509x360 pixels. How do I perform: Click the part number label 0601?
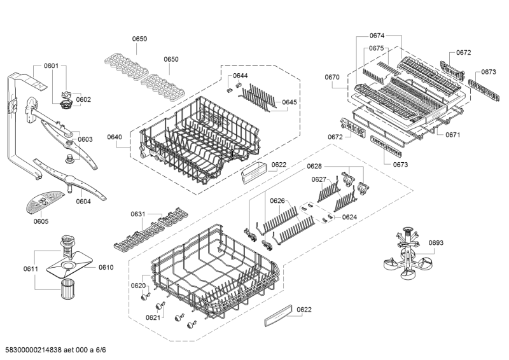point(51,66)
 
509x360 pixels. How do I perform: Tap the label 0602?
point(84,99)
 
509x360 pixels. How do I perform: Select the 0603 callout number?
point(85,139)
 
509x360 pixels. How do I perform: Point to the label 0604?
point(83,202)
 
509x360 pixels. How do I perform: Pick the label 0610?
point(106,267)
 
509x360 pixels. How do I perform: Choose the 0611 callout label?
point(31,269)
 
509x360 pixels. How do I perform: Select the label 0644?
point(240,76)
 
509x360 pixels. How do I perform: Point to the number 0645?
point(289,102)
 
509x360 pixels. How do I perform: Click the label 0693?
point(435,242)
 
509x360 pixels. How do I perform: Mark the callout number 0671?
point(452,135)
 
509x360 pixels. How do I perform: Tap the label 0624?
point(349,217)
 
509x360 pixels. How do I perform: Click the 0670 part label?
point(333,78)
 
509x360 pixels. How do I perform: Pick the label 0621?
point(153,317)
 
